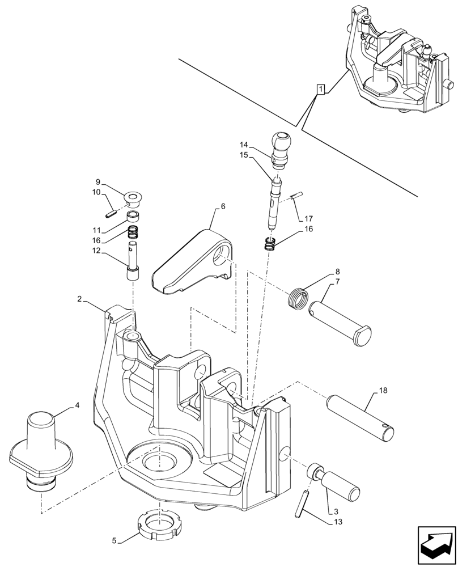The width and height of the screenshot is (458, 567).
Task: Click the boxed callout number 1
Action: pyautogui.click(x=321, y=89)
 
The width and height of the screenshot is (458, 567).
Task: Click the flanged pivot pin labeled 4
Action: pyautogui.click(x=41, y=446)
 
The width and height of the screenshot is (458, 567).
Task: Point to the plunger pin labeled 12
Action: pyautogui.click(x=133, y=262)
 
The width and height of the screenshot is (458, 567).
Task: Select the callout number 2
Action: pyautogui.click(x=80, y=298)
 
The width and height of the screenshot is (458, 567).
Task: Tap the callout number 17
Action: pyautogui.click(x=308, y=218)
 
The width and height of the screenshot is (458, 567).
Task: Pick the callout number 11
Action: pyautogui.click(x=97, y=231)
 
